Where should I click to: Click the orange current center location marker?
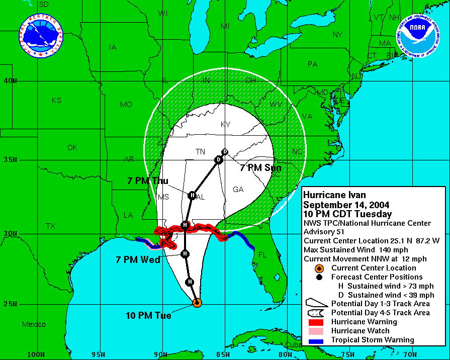click(x=197, y=303)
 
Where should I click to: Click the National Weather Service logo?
click(x=41, y=36)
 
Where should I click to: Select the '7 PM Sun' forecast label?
click(x=260, y=168)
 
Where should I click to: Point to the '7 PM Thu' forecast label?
click(x=148, y=181)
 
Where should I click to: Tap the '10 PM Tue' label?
click(x=148, y=316)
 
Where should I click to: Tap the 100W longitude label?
click(x=36, y=354)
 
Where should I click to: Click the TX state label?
click(x=50, y=226)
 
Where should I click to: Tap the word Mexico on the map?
click(x=34, y=324)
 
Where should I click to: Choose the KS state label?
click(x=56, y=101)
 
